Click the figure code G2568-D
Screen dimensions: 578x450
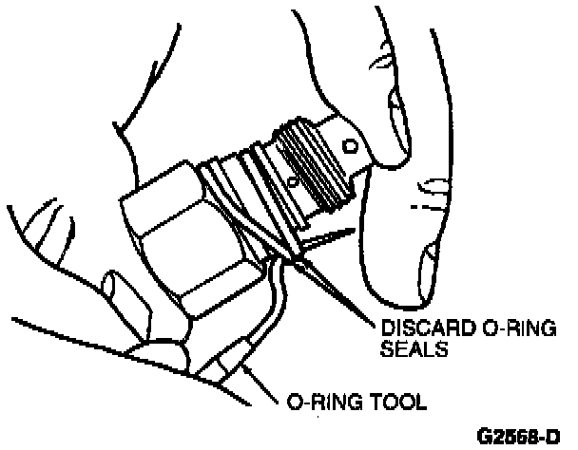[x=522, y=439]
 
